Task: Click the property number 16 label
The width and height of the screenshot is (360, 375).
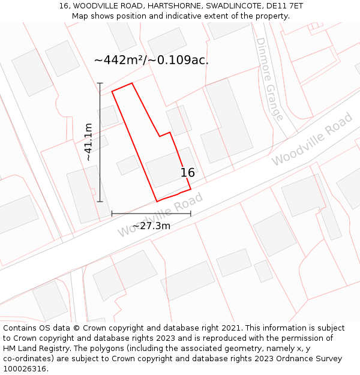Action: [188, 173]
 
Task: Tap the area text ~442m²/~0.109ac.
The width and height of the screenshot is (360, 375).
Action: [151, 60]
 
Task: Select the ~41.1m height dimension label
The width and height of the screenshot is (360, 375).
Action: [89, 142]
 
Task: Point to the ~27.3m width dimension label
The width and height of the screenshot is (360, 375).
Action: [151, 226]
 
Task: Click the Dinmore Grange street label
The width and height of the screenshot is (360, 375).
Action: [269, 79]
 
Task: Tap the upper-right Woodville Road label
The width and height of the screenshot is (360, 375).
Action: [312, 140]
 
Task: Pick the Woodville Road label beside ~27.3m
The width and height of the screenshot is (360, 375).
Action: [160, 214]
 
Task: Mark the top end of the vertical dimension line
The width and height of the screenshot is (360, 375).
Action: [100, 83]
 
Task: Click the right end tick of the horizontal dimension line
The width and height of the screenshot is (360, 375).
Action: [191, 213]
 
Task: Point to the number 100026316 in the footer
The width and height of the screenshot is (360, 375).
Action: [24, 369]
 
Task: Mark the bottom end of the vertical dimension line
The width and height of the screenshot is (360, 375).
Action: [100, 202]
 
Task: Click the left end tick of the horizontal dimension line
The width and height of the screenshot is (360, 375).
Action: [112, 213]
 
